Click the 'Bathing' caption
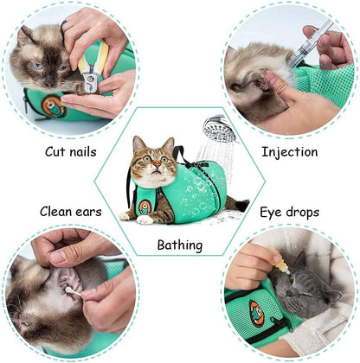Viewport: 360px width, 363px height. tap(180, 245)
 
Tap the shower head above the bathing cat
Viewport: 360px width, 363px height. tap(218, 130)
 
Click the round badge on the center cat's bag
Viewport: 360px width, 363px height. tap(143, 209)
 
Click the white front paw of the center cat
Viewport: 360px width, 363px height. tap(147, 220)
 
